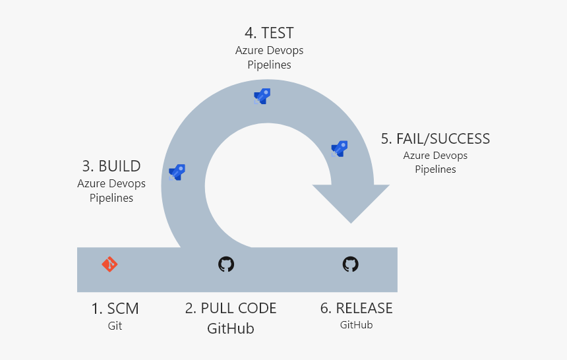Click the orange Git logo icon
coord(109,264)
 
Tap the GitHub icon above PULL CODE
coord(226,264)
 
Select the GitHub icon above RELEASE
coord(351,264)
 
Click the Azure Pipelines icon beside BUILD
coord(177,172)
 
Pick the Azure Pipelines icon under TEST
coord(262,96)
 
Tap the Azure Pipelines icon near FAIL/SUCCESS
coord(340,148)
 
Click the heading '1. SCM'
coord(115,309)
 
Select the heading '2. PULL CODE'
coord(231,309)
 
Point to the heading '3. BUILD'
coord(111,165)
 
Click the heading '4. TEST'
coord(269,33)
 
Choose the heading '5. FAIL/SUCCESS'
coord(435,138)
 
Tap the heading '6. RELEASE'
coord(356,309)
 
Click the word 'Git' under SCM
coord(115,326)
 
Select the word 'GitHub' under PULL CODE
coord(231,328)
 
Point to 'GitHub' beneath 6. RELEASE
coord(356,325)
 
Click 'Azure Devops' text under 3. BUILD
coord(111,183)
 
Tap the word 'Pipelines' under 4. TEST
coord(269,65)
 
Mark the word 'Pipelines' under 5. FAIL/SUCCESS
coord(435,169)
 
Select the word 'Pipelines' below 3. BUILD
coord(111,198)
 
